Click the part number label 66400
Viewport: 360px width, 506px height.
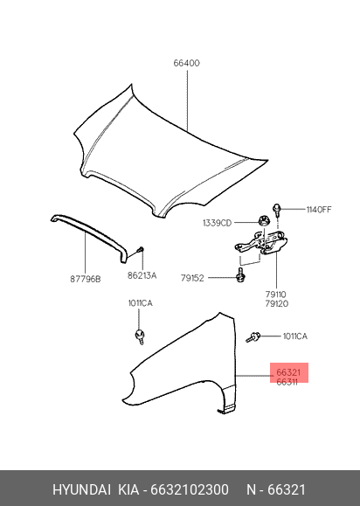[x=186, y=63]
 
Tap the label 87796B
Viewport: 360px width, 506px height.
[x=86, y=279]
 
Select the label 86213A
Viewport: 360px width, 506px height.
[x=142, y=275]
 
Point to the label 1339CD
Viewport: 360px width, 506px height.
[x=217, y=223]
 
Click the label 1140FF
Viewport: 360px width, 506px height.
[x=319, y=210]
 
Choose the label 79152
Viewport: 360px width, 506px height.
[x=192, y=278]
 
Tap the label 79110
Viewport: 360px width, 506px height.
[x=276, y=295]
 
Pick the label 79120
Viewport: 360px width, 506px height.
[x=277, y=303]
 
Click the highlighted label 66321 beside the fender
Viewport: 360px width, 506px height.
[x=288, y=372]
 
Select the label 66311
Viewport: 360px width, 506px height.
[x=287, y=382]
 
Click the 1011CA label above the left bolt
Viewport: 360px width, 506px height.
[x=141, y=303]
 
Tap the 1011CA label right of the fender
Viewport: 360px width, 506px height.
[x=295, y=336]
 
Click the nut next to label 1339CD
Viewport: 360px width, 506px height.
[x=264, y=221]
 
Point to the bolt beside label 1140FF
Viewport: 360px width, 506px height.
[x=277, y=210]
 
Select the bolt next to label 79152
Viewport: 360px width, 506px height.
[x=239, y=275]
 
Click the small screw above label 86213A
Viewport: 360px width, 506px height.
[x=142, y=249]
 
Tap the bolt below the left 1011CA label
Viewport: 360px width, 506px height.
[x=140, y=336]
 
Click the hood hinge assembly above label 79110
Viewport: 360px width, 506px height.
[x=261, y=243]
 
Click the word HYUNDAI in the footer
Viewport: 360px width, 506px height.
[x=82, y=489]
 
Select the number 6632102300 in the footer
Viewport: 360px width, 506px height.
[x=190, y=489]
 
